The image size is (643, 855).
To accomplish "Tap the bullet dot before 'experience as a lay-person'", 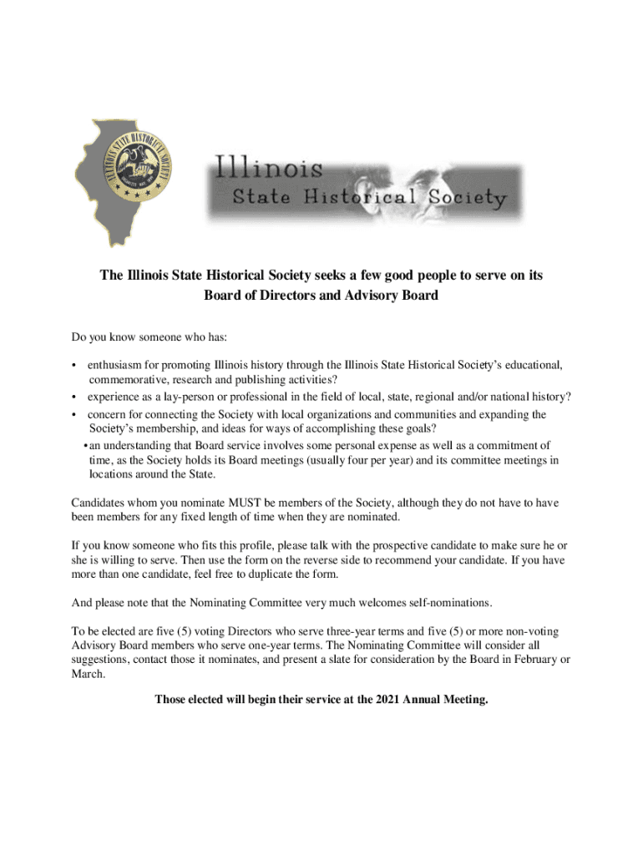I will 74,397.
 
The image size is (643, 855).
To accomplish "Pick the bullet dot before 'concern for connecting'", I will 74,414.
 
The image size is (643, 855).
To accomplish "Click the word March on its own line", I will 88,675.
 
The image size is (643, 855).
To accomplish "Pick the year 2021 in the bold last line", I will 383,700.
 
